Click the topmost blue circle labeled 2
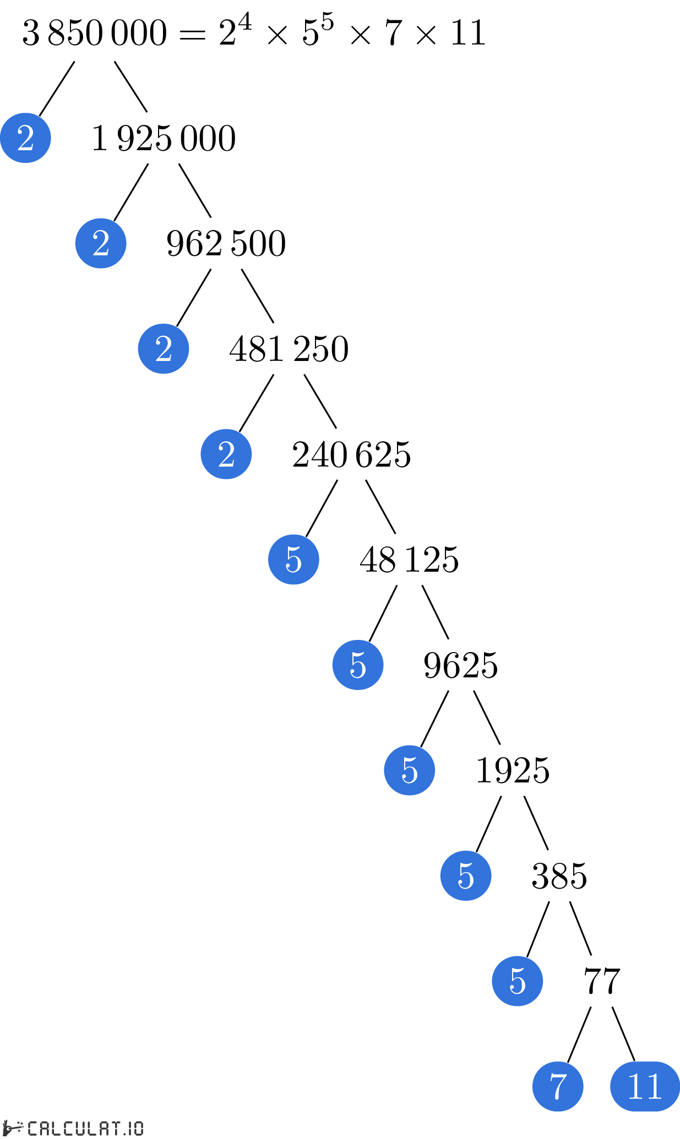tap(25, 138)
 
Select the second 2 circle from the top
tap(101, 243)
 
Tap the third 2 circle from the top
tap(164, 349)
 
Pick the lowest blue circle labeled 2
tap(226, 454)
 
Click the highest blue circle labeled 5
tap(293, 560)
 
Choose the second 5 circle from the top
tap(358, 665)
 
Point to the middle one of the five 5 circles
tap(410, 770)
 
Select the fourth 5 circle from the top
tap(466, 875)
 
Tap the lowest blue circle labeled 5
tap(518, 981)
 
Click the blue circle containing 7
tap(558, 1086)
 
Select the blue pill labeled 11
tap(645, 1086)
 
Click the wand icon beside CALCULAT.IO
tap(12, 1127)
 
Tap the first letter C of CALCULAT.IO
tap(33, 1129)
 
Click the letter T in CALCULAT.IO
tap(114, 1129)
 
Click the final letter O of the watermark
tap(138, 1129)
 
